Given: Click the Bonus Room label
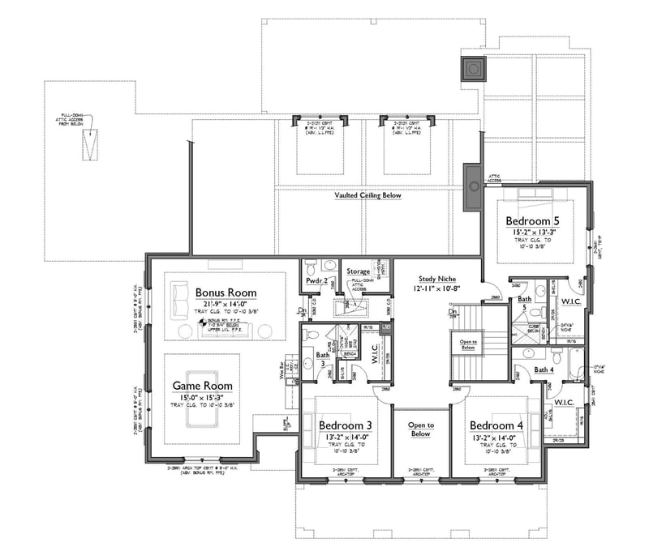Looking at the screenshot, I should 226,293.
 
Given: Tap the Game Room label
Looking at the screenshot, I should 202,386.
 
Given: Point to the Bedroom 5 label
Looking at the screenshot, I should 533,220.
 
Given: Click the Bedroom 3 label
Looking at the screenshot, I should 346,425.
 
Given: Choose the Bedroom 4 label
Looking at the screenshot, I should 497,425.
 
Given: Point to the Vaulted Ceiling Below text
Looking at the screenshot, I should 367,196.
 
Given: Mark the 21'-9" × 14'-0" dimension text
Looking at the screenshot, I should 226,305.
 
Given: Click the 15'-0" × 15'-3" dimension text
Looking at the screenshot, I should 202,397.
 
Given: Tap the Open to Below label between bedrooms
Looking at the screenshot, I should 420,429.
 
